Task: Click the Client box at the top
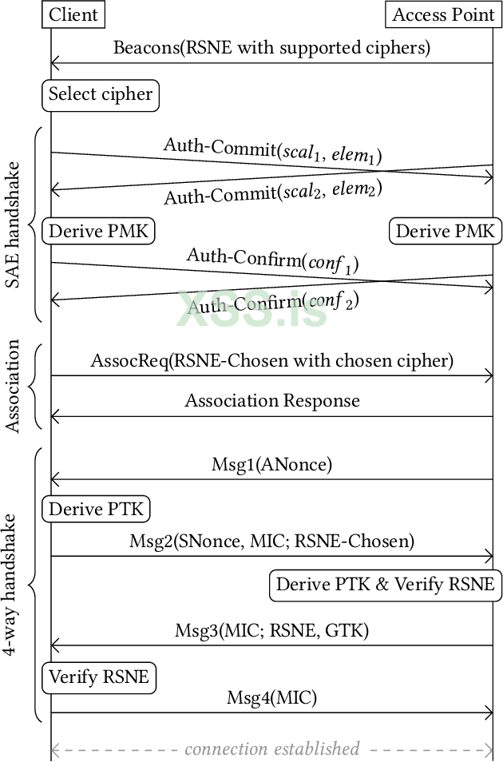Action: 73,14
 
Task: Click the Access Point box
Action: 443,14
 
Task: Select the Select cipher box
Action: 101,94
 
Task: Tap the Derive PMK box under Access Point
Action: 445,232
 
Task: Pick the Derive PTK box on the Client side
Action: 97,510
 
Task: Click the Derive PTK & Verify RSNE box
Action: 385,585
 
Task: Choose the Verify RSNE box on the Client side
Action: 99,677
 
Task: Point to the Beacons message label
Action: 271,47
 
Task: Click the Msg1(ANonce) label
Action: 271,464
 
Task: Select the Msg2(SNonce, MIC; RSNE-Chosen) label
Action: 271,541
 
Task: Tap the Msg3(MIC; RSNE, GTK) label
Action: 271,630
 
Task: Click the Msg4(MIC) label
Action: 271,698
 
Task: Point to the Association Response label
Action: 271,400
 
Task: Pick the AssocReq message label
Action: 271,361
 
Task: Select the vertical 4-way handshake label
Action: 14,585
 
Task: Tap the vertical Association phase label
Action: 14,387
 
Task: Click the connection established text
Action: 271,749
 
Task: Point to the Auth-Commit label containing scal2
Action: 272,192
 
